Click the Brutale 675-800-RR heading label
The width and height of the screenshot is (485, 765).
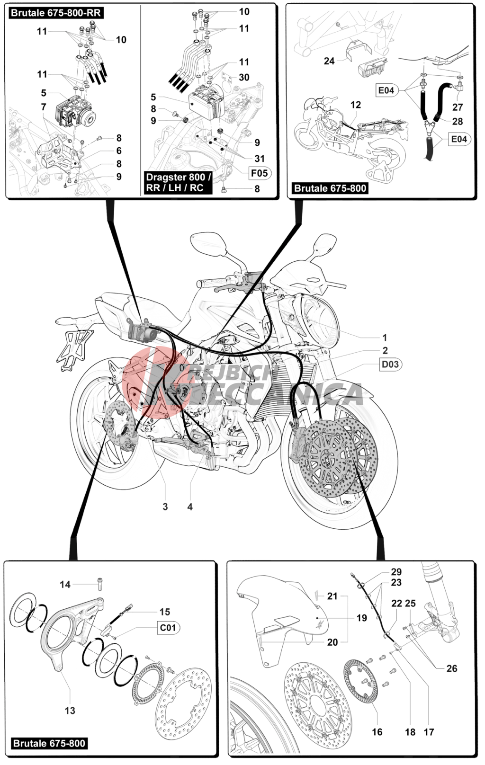click(56, 13)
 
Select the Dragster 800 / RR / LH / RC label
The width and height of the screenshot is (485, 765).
click(178, 182)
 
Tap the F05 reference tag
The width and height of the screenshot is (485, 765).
click(260, 173)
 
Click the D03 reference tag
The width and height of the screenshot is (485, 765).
click(390, 365)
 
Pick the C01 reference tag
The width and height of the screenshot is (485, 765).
click(168, 628)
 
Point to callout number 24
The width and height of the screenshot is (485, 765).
click(329, 61)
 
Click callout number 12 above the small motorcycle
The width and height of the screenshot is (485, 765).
click(356, 105)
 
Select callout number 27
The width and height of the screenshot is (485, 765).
click(458, 107)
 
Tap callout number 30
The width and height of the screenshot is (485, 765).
click(244, 78)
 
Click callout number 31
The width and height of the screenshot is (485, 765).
click(260, 159)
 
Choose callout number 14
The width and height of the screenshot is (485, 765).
click(65, 585)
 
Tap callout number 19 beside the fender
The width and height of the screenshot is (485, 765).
click(361, 618)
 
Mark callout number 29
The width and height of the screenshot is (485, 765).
click(396, 572)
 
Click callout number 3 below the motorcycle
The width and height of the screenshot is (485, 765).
click(165, 507)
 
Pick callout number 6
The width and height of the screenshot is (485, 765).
click(118, 151)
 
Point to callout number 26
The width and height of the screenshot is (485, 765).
click(451, 668)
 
